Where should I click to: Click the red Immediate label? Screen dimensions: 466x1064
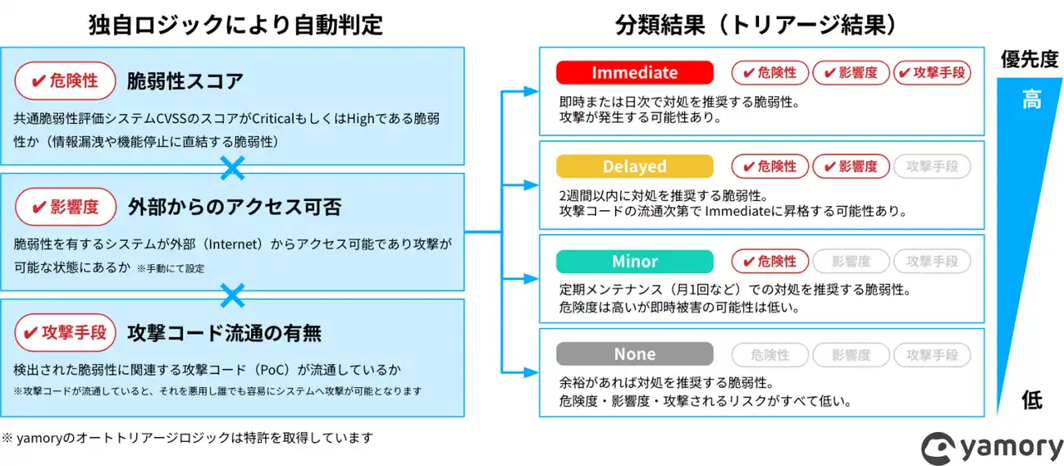634,73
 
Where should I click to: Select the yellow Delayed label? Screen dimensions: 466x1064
634,167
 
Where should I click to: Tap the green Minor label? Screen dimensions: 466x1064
634,262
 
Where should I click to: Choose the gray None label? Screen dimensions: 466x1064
634,355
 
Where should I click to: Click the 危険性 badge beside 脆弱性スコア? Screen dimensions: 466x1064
64,81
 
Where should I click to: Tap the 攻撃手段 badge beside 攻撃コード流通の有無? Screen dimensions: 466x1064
64,333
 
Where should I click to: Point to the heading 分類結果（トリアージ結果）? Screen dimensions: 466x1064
756,25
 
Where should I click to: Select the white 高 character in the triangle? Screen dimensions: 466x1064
1031,101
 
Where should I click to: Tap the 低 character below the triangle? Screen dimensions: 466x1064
1032,400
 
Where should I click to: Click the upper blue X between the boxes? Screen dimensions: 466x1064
233,169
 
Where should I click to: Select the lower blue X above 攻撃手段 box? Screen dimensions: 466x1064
233,295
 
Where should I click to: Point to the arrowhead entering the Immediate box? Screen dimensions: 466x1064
532,91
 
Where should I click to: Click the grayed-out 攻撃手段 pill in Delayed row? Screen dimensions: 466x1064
932,167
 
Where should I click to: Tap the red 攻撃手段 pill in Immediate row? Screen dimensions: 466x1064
932,73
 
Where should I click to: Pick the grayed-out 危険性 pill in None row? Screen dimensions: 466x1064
769,355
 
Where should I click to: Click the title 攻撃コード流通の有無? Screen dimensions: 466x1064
224,333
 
